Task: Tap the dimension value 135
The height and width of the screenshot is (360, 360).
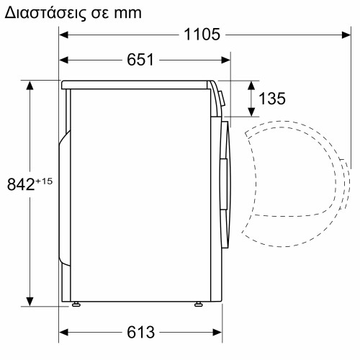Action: click(271, 99)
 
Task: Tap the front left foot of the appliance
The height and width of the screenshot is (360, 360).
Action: click(76, 305)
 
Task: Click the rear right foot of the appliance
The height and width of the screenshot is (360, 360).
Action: click(197, 305)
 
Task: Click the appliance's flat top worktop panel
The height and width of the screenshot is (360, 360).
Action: click(137, 84)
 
